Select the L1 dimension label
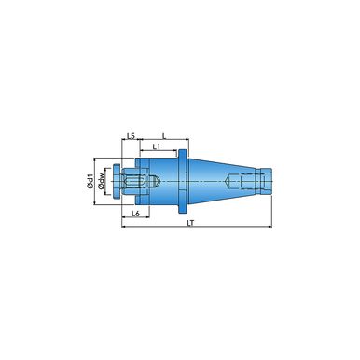pos(157,146)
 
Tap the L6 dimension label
pos(135,214)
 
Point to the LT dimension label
pos(191,225)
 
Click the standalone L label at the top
pos(164,135)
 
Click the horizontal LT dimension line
pos(196,228)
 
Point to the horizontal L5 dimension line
pos(131,141)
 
